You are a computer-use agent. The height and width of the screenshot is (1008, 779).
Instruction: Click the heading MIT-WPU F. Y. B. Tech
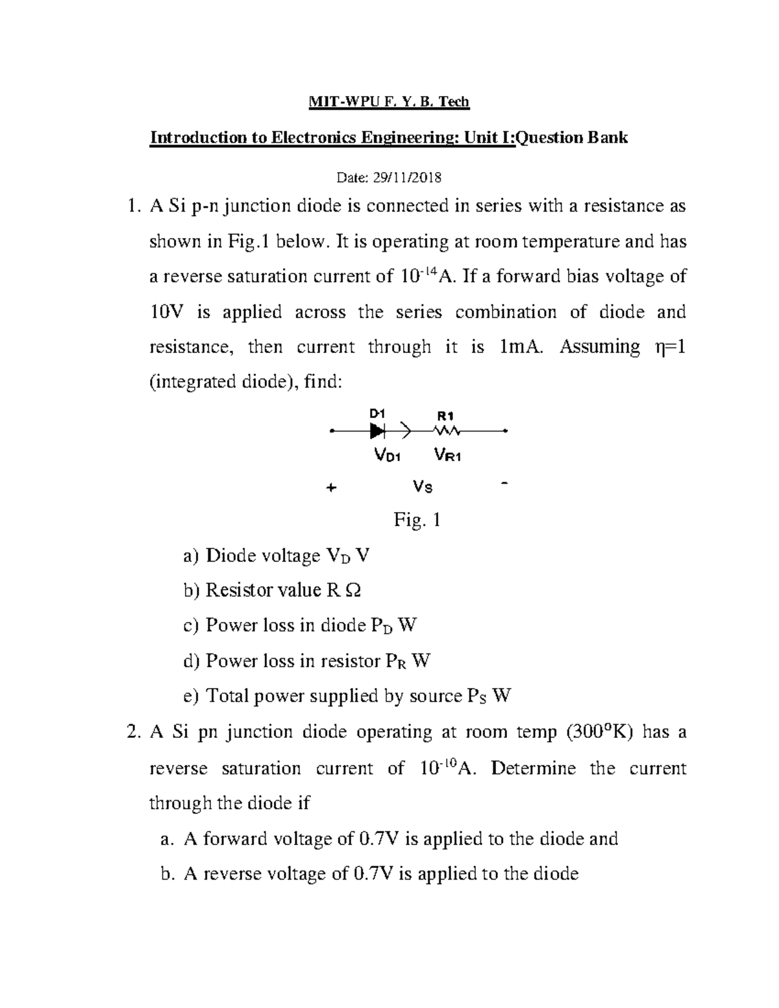(388, 102)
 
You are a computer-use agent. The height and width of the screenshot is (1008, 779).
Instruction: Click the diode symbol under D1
(378, 430)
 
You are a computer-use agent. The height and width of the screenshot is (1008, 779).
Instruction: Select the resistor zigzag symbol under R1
(447, 430)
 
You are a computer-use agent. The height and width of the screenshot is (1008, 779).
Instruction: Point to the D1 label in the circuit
(377, 413)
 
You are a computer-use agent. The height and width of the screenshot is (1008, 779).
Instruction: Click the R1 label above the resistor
(446, 415)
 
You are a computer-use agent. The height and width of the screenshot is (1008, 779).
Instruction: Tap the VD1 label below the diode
(388, 456)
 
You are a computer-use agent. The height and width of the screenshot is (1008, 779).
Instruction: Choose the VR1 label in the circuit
(448, 456)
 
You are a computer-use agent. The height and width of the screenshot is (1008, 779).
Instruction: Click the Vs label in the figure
(423, 486)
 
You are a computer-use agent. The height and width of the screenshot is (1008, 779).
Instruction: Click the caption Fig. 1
(417, 520)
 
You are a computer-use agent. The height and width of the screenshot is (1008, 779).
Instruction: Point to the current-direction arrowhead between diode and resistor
(406, 430)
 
